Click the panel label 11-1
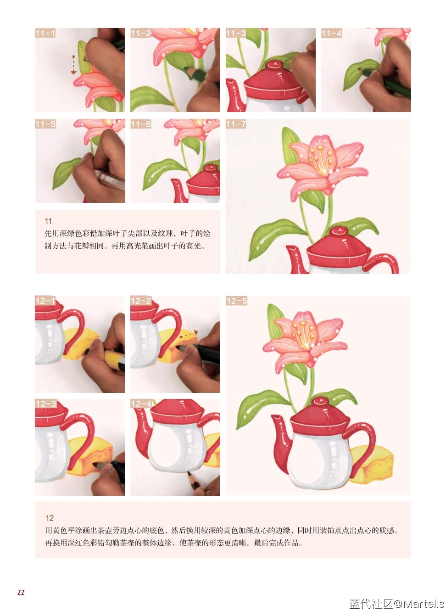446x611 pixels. point(45,33)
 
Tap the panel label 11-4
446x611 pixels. point(331,33)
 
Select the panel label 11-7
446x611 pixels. point(236,124)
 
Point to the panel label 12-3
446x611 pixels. point(46,404)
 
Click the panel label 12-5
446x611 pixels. point(237,301)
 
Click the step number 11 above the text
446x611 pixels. point(48,221)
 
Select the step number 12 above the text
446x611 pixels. point(50,518)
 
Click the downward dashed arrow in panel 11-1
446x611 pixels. point(73,65)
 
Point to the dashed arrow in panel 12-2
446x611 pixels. point(189,334)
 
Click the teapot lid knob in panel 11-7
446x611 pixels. point(339,231)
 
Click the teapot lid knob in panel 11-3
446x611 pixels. point(275,65)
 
